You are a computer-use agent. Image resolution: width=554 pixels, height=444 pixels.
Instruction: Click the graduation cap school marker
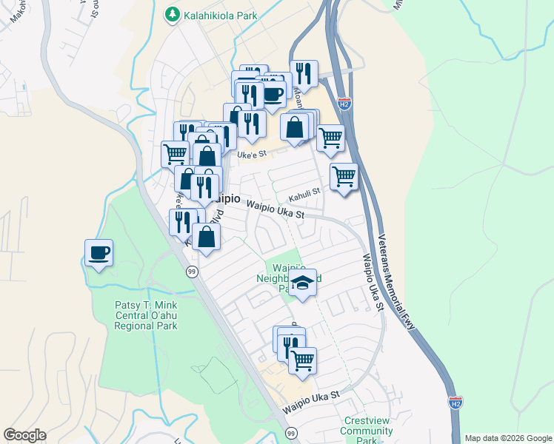[302, 283]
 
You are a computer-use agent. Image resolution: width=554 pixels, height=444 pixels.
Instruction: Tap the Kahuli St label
[304, 192]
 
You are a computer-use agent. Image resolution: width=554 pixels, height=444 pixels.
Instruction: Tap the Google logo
[24, 435]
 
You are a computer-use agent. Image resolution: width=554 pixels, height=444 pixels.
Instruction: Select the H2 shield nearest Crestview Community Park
[455, 403]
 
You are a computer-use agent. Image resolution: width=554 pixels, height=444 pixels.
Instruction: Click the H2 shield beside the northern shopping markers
[344, 104]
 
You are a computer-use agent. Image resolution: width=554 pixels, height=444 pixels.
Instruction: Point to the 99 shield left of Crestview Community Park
[291, 432]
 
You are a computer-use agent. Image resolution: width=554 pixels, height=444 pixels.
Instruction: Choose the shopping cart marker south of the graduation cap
[302, 360]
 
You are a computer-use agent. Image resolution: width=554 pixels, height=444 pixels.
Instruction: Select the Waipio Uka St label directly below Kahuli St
[276, 210]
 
